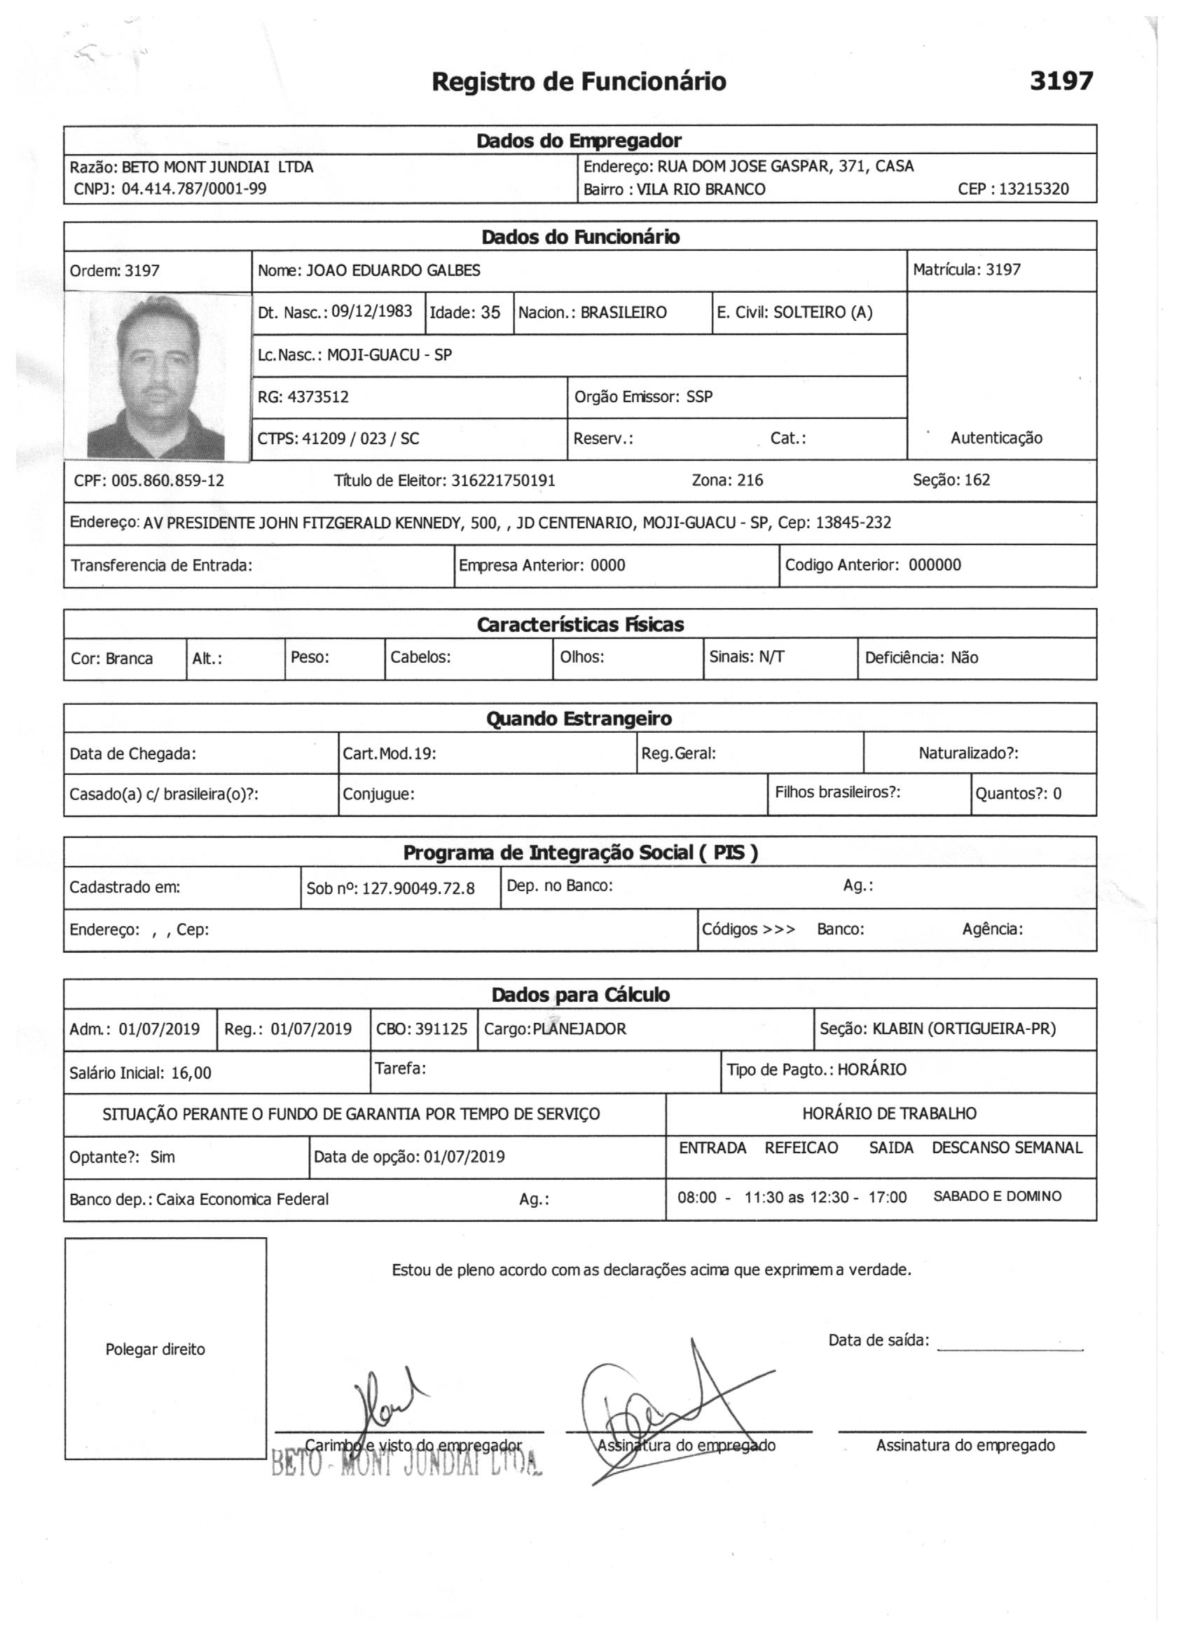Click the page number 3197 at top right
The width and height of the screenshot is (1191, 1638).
pos(1061,81)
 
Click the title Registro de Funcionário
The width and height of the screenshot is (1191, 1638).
pos(579,81)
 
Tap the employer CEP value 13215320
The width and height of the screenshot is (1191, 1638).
pos(1034,189)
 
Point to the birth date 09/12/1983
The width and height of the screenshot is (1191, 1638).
pos(371,311)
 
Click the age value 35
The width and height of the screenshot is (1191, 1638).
pos(490,312)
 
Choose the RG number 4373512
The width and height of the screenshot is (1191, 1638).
pos(318,397)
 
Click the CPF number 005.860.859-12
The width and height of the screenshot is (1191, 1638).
pos(167,481)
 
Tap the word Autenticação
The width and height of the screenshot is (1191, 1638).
pos(996,438)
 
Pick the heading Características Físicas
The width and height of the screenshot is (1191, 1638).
pos(580,624)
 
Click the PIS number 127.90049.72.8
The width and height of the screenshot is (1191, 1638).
pos(418,888)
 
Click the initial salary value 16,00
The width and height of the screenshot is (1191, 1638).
pos(191,1073)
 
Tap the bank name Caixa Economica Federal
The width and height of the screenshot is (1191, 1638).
pos(242,1199)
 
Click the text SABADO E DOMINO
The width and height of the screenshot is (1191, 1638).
pos(997,1196)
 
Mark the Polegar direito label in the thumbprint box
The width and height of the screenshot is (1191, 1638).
pos(156,1349)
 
